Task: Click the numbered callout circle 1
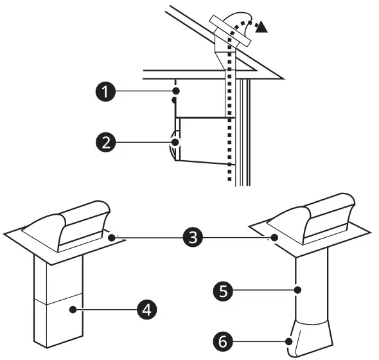pos(103,92)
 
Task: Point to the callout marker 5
pos(221,290)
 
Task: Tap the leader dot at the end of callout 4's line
pos(74,309)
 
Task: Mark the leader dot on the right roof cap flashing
pos(275,238)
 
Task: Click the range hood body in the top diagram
pos(202,138)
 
